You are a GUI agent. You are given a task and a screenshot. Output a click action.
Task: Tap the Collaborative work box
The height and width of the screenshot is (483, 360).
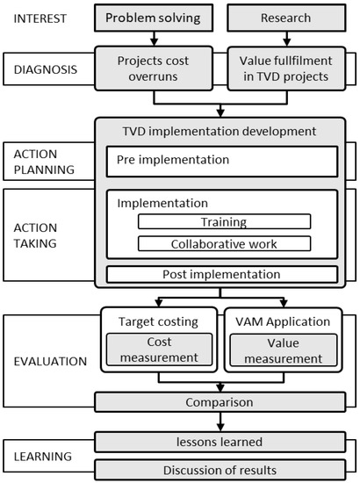coord(223,243)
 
